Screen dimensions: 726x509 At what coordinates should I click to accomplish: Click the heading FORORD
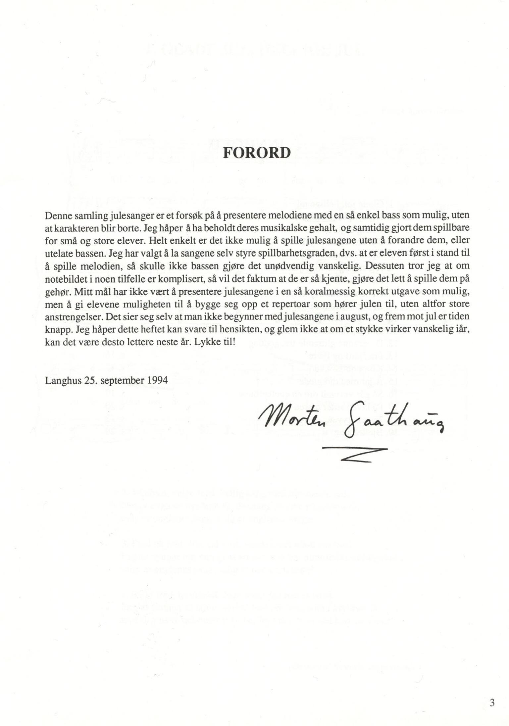click(257, 153)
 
